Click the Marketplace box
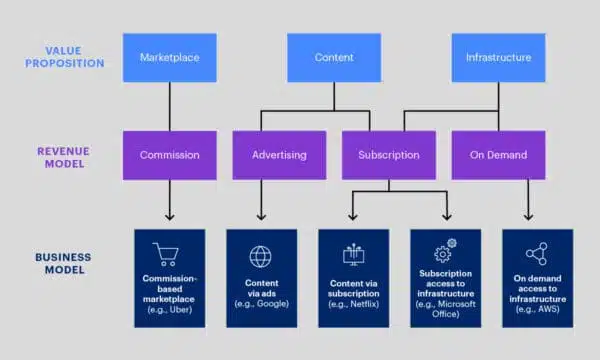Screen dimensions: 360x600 (169, 58)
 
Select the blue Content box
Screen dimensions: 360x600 (333, 58)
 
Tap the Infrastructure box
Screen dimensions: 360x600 (497, 58)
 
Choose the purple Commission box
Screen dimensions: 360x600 (169, 155)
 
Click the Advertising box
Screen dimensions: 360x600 (278, 155)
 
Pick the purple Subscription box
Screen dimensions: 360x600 (389, 155)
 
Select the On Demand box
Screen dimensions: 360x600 (499, 155)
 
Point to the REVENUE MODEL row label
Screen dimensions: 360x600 (69, 155)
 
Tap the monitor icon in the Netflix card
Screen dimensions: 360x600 (352, 255)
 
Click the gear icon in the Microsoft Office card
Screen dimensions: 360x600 (444, 254)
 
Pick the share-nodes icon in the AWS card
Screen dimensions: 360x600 (537, 255)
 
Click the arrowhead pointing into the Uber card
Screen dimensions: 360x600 (169, 215)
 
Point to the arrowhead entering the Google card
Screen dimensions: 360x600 (260, 215)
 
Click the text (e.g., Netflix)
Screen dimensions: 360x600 (352, 303)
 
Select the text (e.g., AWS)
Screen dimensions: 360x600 (537, 310)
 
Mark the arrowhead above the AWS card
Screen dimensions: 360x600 (528, 215)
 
